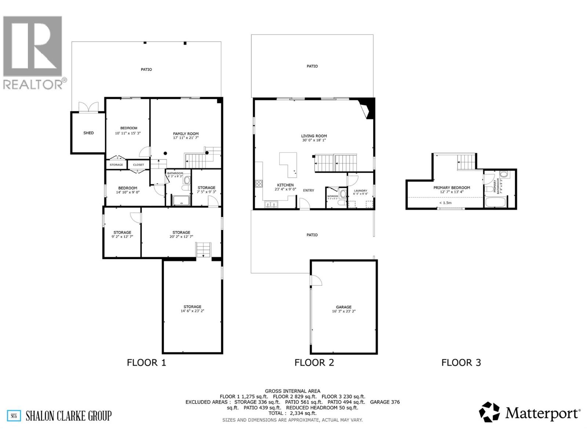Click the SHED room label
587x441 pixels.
click(x=88, y=133)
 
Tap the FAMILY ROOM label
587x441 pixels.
click(x=186, y=134)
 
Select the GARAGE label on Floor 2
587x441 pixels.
click(x=344, y=307)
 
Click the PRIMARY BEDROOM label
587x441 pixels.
click(x=452, y=187)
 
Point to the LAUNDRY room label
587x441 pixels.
click(x=360, y=191)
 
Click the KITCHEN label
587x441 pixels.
click(x=285, y=185)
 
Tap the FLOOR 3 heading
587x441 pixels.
click(x=461, y=363)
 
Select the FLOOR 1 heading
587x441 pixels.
click(x=146, y=363)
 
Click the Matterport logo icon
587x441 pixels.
click(x=489, y=412)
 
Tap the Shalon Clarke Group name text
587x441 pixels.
click(x=69, y=416)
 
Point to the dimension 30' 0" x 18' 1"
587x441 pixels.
click(x=314, y=140)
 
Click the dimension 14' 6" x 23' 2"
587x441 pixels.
click(x=192, y=311)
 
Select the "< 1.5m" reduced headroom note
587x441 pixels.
click(x=445, y=202)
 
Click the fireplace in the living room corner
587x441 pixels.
click(x=367, y=109)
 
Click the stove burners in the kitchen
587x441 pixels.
click(x=259, y=183)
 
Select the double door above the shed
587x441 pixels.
click(x=88, y=107)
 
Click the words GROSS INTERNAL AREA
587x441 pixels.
click(x=292, y=391)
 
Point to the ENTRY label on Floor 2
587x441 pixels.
click(x=309, y=190)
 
